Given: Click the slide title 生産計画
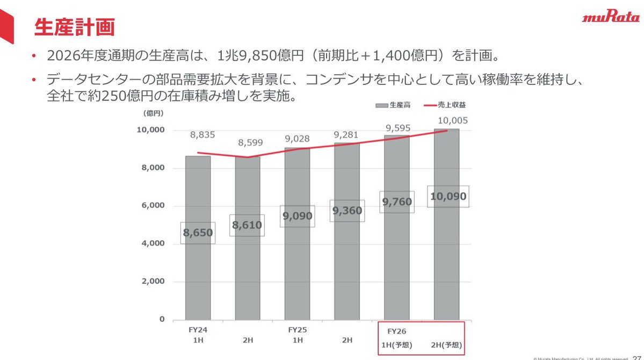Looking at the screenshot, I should point(74,27).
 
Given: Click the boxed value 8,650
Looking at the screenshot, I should point(198,233).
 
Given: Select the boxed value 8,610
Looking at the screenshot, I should point(247,225).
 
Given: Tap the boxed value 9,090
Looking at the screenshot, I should point(297,216).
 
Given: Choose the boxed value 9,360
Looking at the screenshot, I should point(348,211).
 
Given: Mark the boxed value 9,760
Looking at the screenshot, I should point(397,202).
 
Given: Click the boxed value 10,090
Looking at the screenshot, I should point(447,196).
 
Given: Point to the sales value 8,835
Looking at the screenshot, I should point(202,135).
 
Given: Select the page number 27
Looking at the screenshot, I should point(637,356).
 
